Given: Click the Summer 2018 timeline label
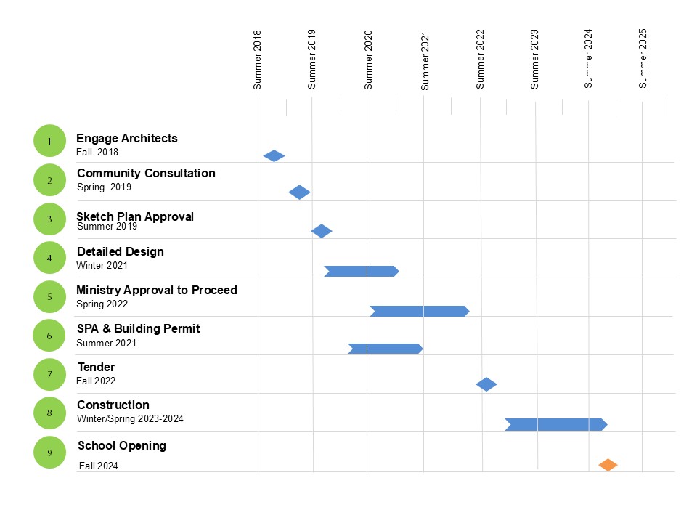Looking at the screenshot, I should click(257, 60).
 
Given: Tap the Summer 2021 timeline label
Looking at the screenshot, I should click(425, 60).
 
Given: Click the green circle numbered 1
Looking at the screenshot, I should click(49, 141).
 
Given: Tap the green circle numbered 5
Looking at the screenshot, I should click(49, 296).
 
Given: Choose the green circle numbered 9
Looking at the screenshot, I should click(49, 452).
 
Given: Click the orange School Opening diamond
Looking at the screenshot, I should click(608, 465).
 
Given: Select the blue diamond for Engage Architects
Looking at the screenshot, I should click(274, 155).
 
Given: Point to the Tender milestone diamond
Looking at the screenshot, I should click(486, 384).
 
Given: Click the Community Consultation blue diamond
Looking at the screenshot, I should click(299, 192).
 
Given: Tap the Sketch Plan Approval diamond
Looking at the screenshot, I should click(322, 231).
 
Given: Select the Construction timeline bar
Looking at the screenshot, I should click(555, 425).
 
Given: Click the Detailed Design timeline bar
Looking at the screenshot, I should click(361, 272).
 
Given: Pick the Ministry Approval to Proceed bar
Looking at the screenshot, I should click(419, 312).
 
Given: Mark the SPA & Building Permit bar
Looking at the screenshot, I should click(385, 349).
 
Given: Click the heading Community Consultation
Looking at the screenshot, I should click(146, 173).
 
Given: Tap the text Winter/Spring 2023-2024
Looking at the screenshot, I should click(135, 419).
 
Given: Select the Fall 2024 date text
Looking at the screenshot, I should click(98, 466).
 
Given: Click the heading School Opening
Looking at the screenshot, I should click(121, 445).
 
